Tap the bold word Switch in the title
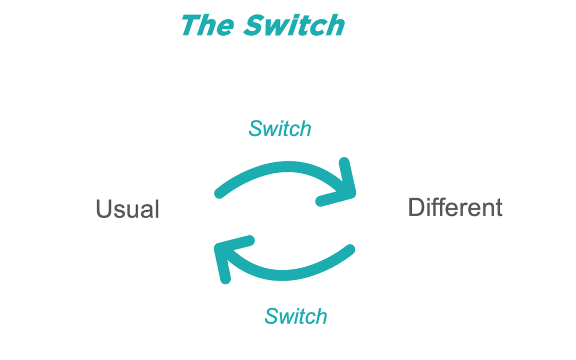tap(294, 25)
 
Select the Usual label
tap(127, 209)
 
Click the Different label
tap(455, 207)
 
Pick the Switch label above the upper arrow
tap(280, 129)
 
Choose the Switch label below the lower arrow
tap(296, 316)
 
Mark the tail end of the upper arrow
tap(219, 193)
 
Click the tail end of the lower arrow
tap(350, 249)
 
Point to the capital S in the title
tap(254, 25)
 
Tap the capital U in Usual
tap(103, 209)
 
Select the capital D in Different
tap(415, 207)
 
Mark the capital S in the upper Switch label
tap(255, 129)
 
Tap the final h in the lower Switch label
tap(321, 316)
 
